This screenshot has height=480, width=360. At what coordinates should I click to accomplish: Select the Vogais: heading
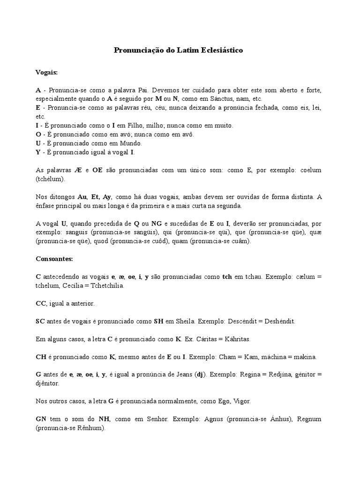tap(47, 72)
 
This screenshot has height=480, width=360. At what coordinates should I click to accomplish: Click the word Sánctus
tap(212, 99)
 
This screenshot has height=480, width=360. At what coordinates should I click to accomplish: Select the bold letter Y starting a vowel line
tap(38, 152)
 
